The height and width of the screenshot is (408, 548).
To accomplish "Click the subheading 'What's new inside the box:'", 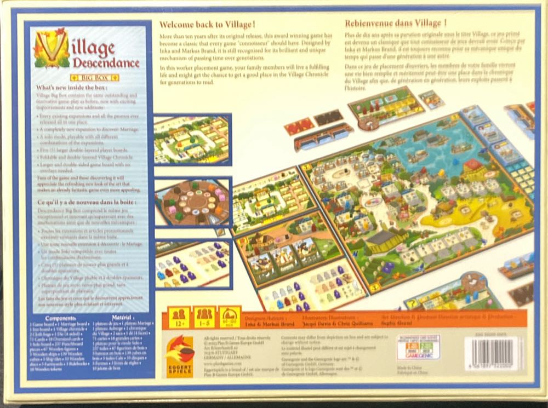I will [71, 88].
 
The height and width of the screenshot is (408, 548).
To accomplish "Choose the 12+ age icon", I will [179, 318].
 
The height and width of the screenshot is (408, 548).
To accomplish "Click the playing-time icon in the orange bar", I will [230, 318].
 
